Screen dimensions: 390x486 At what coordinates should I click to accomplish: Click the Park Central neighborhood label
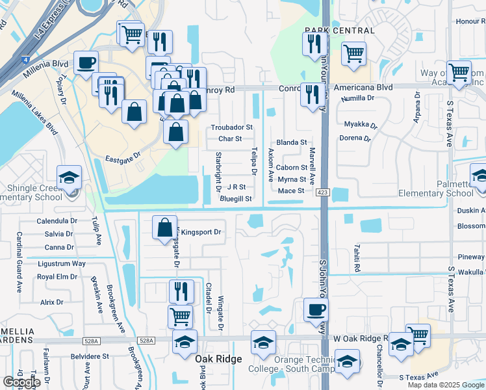coord(339,31)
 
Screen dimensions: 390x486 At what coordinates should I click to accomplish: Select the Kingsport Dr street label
coord(201,232)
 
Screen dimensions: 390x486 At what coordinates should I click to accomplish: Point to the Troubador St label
coord(231,127)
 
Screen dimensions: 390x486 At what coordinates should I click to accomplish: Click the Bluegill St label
coord(236,198)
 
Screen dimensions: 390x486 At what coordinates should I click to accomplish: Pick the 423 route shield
coord(322,192)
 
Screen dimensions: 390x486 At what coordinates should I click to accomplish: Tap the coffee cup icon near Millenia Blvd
coord(86,64)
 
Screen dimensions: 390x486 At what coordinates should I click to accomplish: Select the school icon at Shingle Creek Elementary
coord(69,177)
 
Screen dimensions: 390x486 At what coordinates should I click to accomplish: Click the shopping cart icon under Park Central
coord(353,55)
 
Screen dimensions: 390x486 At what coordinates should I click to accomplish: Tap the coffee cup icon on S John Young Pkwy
coord(316,309)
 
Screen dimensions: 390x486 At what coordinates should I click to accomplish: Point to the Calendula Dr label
coord(57,221)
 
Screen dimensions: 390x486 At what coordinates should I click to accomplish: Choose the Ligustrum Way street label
coord(61,263)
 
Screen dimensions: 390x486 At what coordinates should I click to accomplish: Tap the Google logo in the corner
coord(21,382)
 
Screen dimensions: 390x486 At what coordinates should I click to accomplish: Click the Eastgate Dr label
coord(123,157)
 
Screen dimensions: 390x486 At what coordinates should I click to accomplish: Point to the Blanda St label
coord(291,142)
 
